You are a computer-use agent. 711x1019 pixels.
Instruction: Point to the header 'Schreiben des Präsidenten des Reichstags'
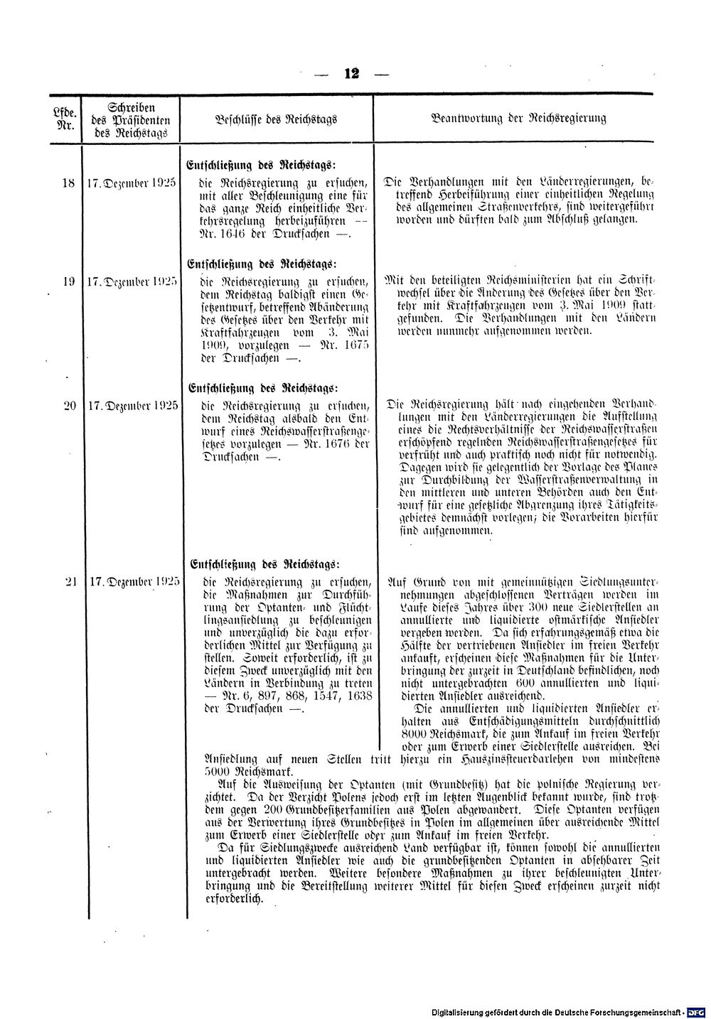point(129,119)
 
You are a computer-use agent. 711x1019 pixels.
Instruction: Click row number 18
point(68,182)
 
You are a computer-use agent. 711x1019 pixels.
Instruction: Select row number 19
point(68,281)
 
